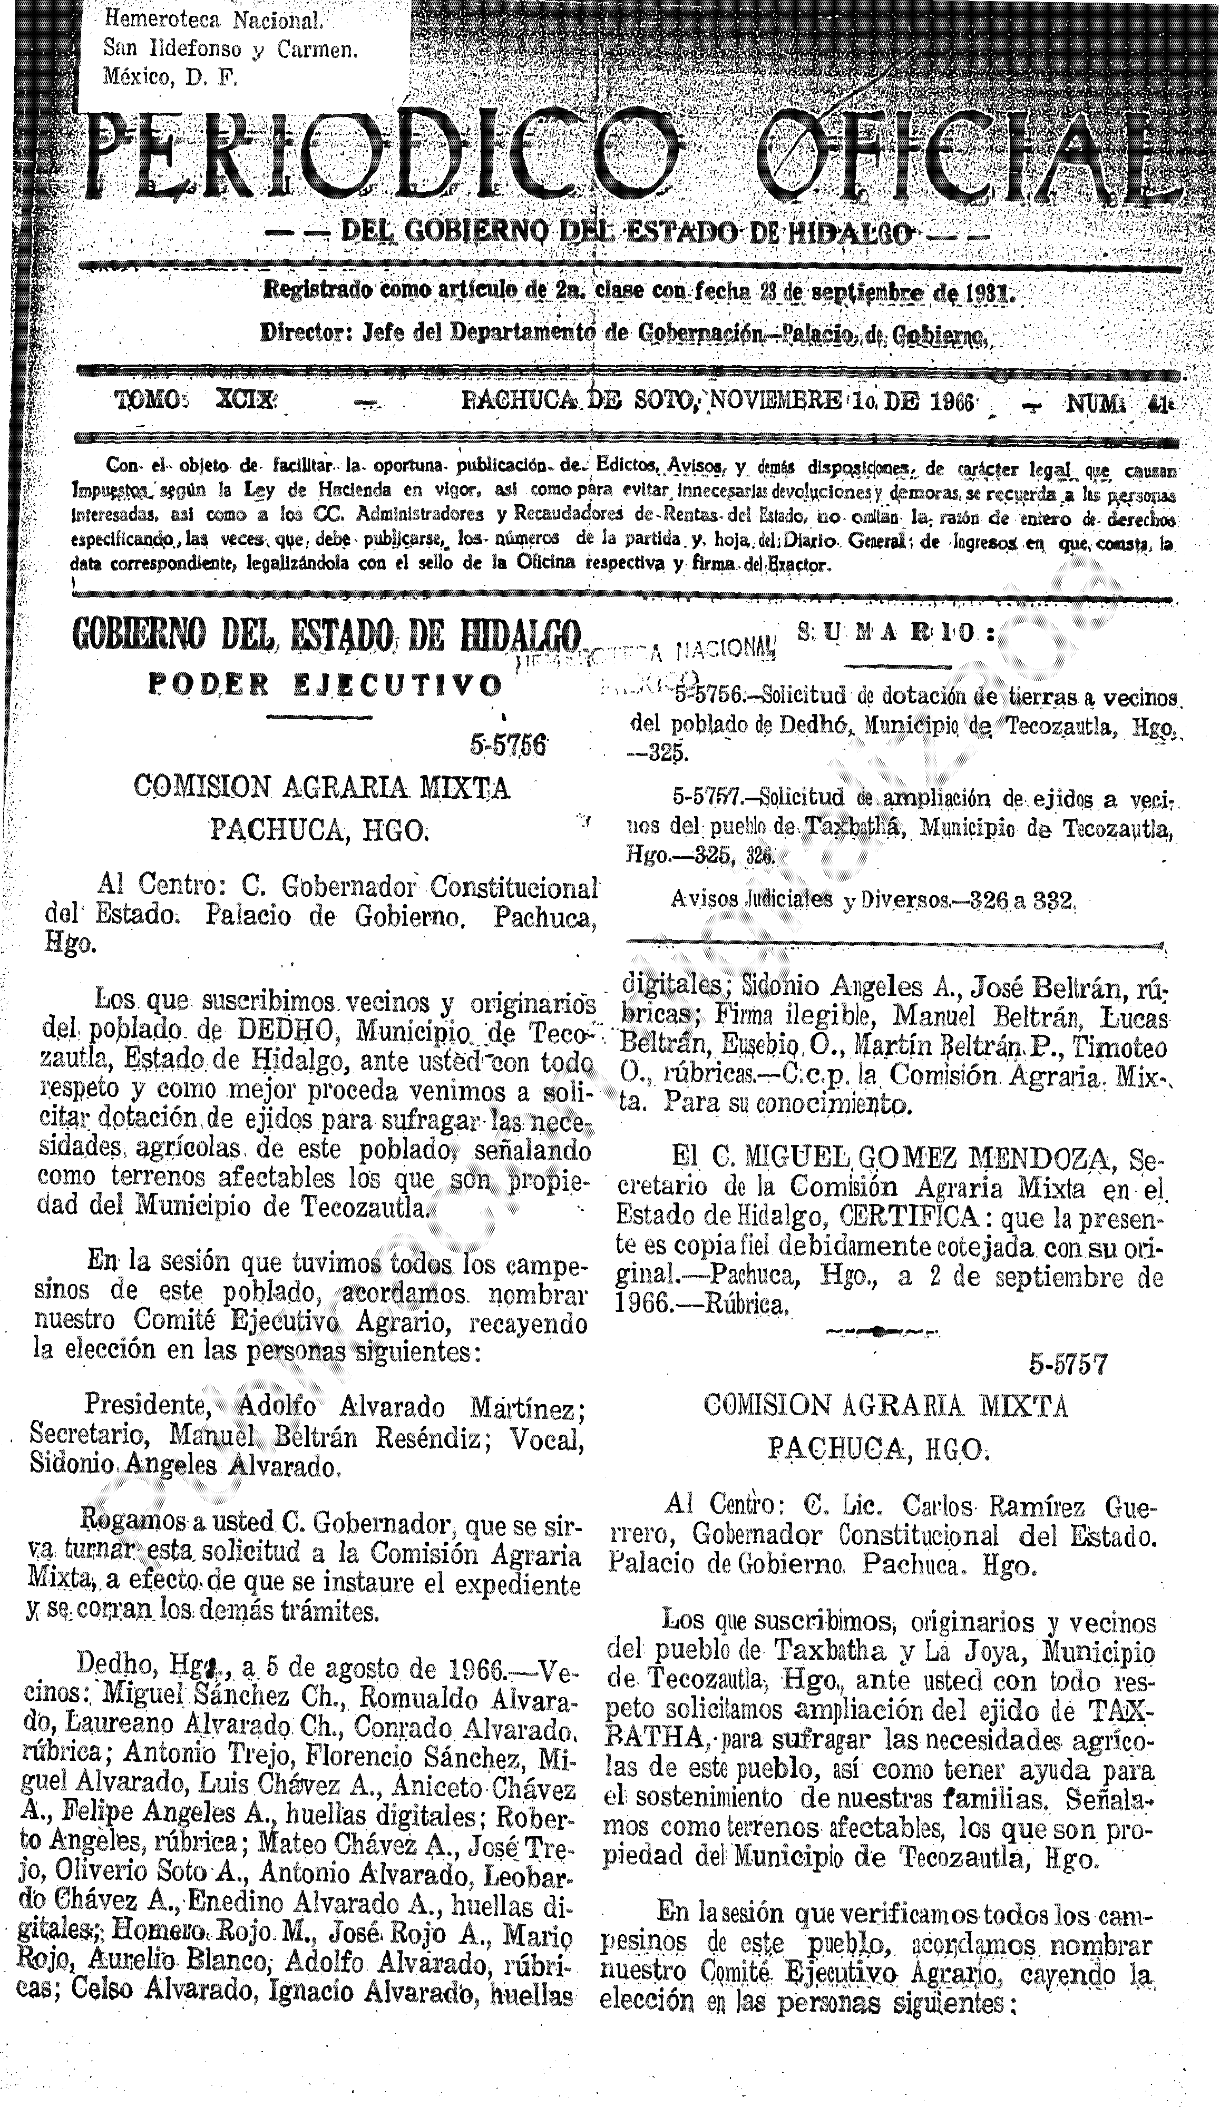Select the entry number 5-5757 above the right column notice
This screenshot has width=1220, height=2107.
tap(1068, 1365)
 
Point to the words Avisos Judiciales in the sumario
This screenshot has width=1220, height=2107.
tap(751, 900)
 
